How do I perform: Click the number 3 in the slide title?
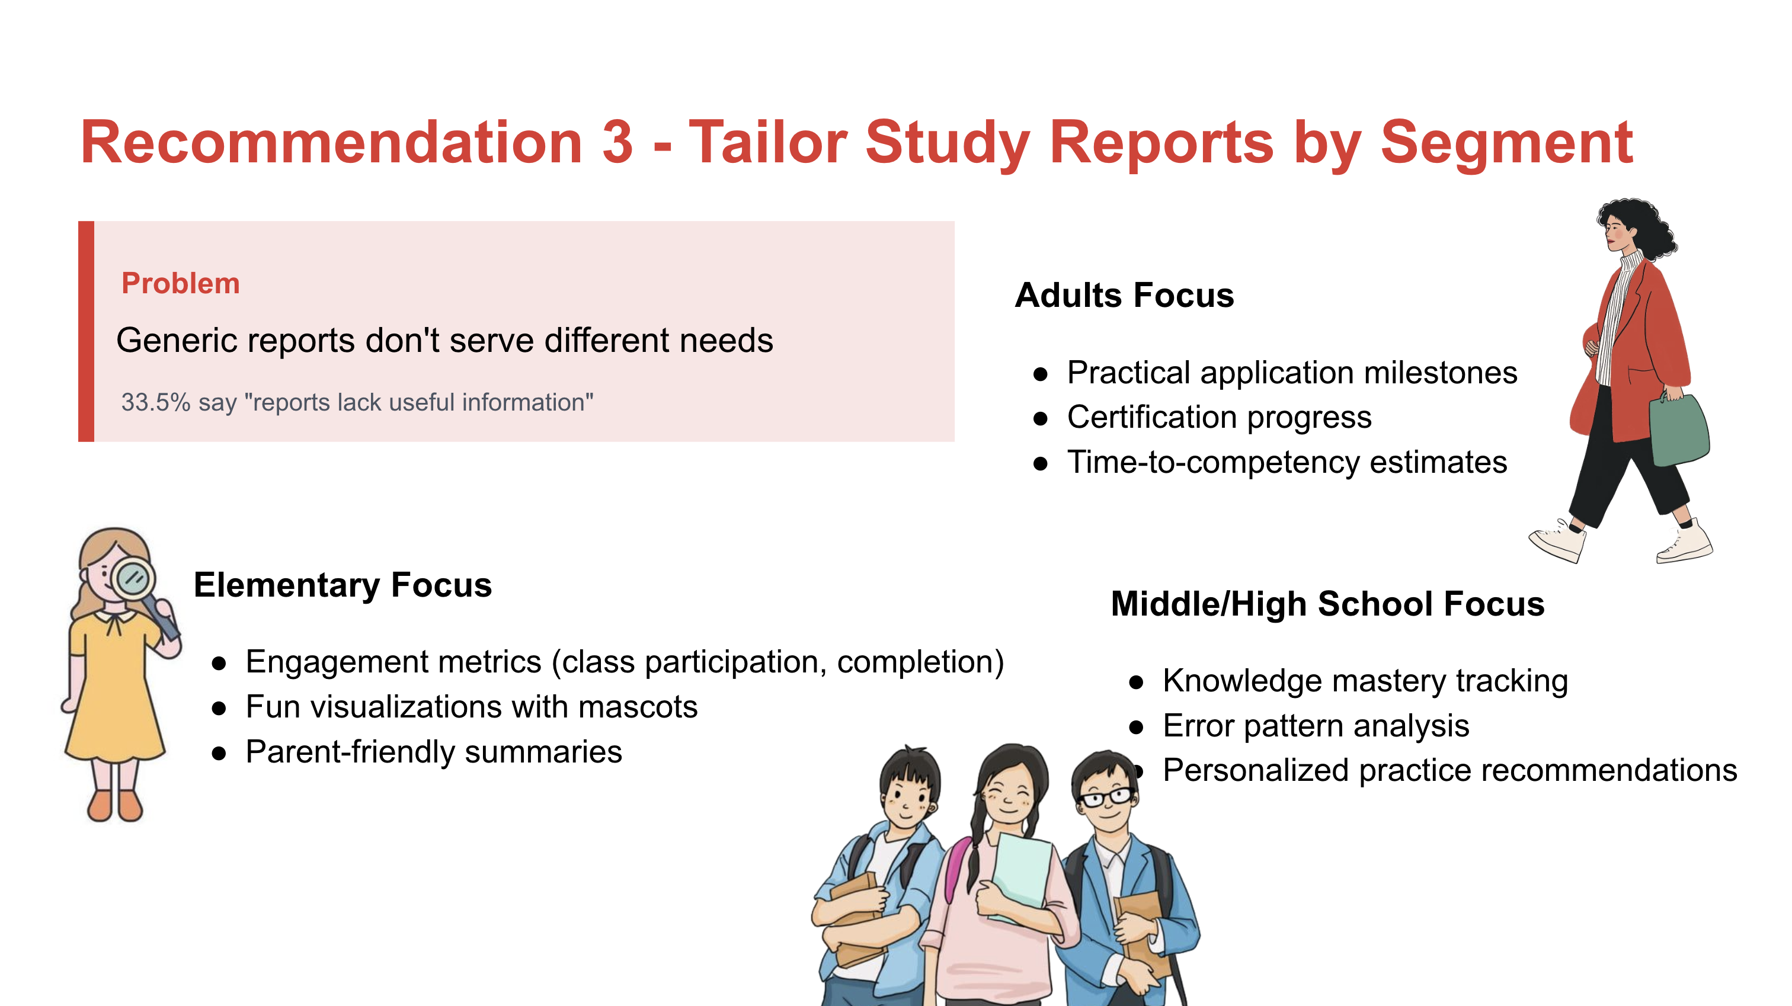tap(617, 143)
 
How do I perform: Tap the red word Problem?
tap(180, 284)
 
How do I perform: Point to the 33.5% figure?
tap(155, 402)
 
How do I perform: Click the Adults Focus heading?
tap(1124, 295)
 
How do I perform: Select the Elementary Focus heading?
tap(343, 585)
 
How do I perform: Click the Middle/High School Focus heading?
tap(1327, 604)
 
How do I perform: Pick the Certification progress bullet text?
tap(1219, 418)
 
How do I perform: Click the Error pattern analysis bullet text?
tap(1316, 726)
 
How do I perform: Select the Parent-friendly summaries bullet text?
tap(433, 752)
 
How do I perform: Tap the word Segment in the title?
tap(1506, 143)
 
